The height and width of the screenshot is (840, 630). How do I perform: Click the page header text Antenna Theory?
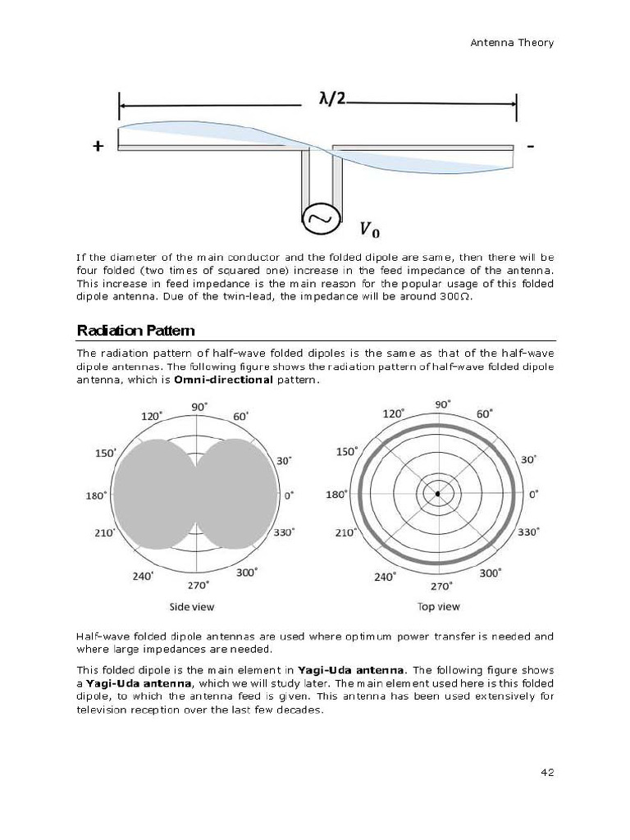point(513,43)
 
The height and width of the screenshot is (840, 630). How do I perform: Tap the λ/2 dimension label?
point(332,98)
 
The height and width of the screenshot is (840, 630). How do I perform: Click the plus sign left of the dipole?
point(98,147)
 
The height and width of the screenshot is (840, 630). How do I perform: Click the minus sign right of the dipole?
point(532,146)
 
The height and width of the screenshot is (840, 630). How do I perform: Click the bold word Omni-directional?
point(223,381)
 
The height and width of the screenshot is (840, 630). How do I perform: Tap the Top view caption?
point(439,607)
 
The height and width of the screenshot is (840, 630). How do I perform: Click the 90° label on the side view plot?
point(199,407)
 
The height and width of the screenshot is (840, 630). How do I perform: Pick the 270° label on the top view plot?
point(441,586)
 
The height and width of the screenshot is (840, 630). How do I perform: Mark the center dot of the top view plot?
point(438,494)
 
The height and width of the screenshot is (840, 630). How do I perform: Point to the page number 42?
point(547,772)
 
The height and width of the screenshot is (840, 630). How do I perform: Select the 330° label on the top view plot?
point(529,532)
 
